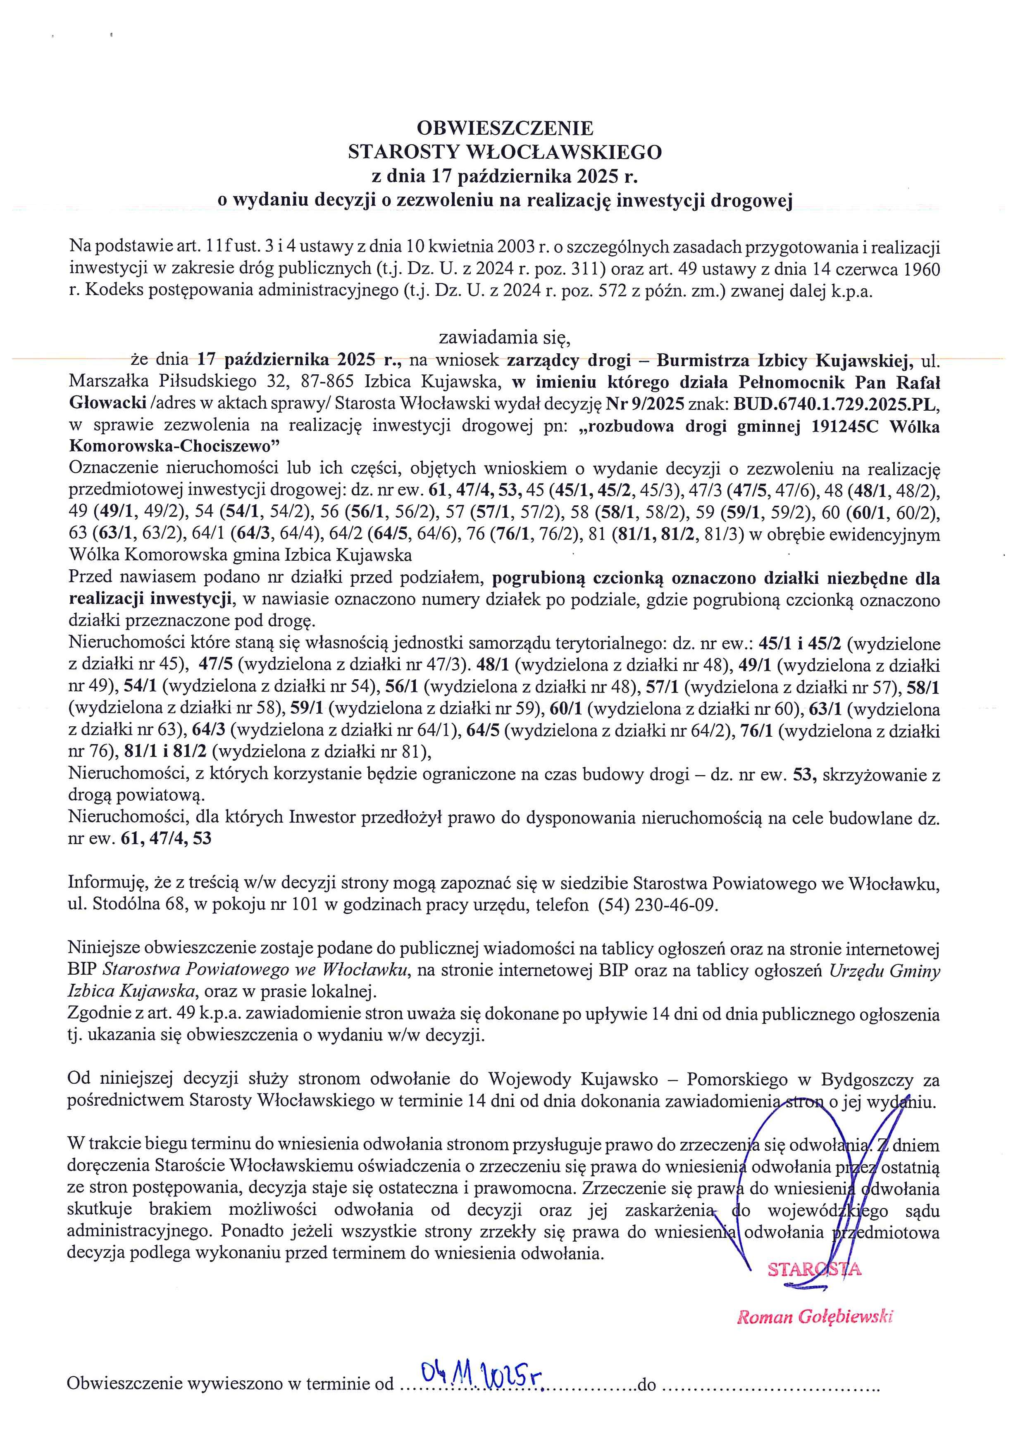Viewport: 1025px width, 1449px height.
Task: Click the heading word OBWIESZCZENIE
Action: tap(505, 128)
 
